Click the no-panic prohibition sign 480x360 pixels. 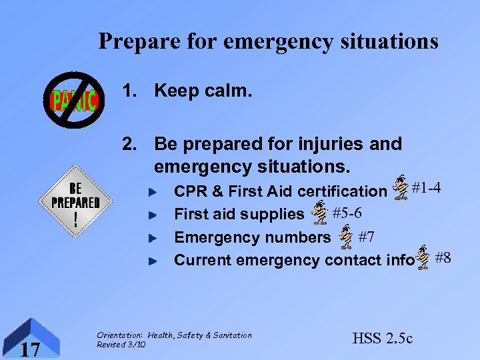tap(74, 101)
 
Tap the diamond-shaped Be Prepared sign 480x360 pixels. tap(75, 202)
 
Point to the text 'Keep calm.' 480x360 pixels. tap(203, 91)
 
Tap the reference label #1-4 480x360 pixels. tap(426, 188)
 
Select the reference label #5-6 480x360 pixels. tap(347, 213)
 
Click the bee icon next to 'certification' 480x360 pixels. tap(401, 188)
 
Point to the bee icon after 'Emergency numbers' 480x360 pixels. tap(345, 236)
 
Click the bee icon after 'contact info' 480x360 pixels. tap(423, 258)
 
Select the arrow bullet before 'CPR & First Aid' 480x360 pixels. tap(152, 192)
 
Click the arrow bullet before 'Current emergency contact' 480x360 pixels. tap(152, 261)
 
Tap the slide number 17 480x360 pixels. tap(29, 348)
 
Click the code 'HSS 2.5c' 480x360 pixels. tap(382, 339)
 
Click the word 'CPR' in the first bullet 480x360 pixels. tap(189, 191)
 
